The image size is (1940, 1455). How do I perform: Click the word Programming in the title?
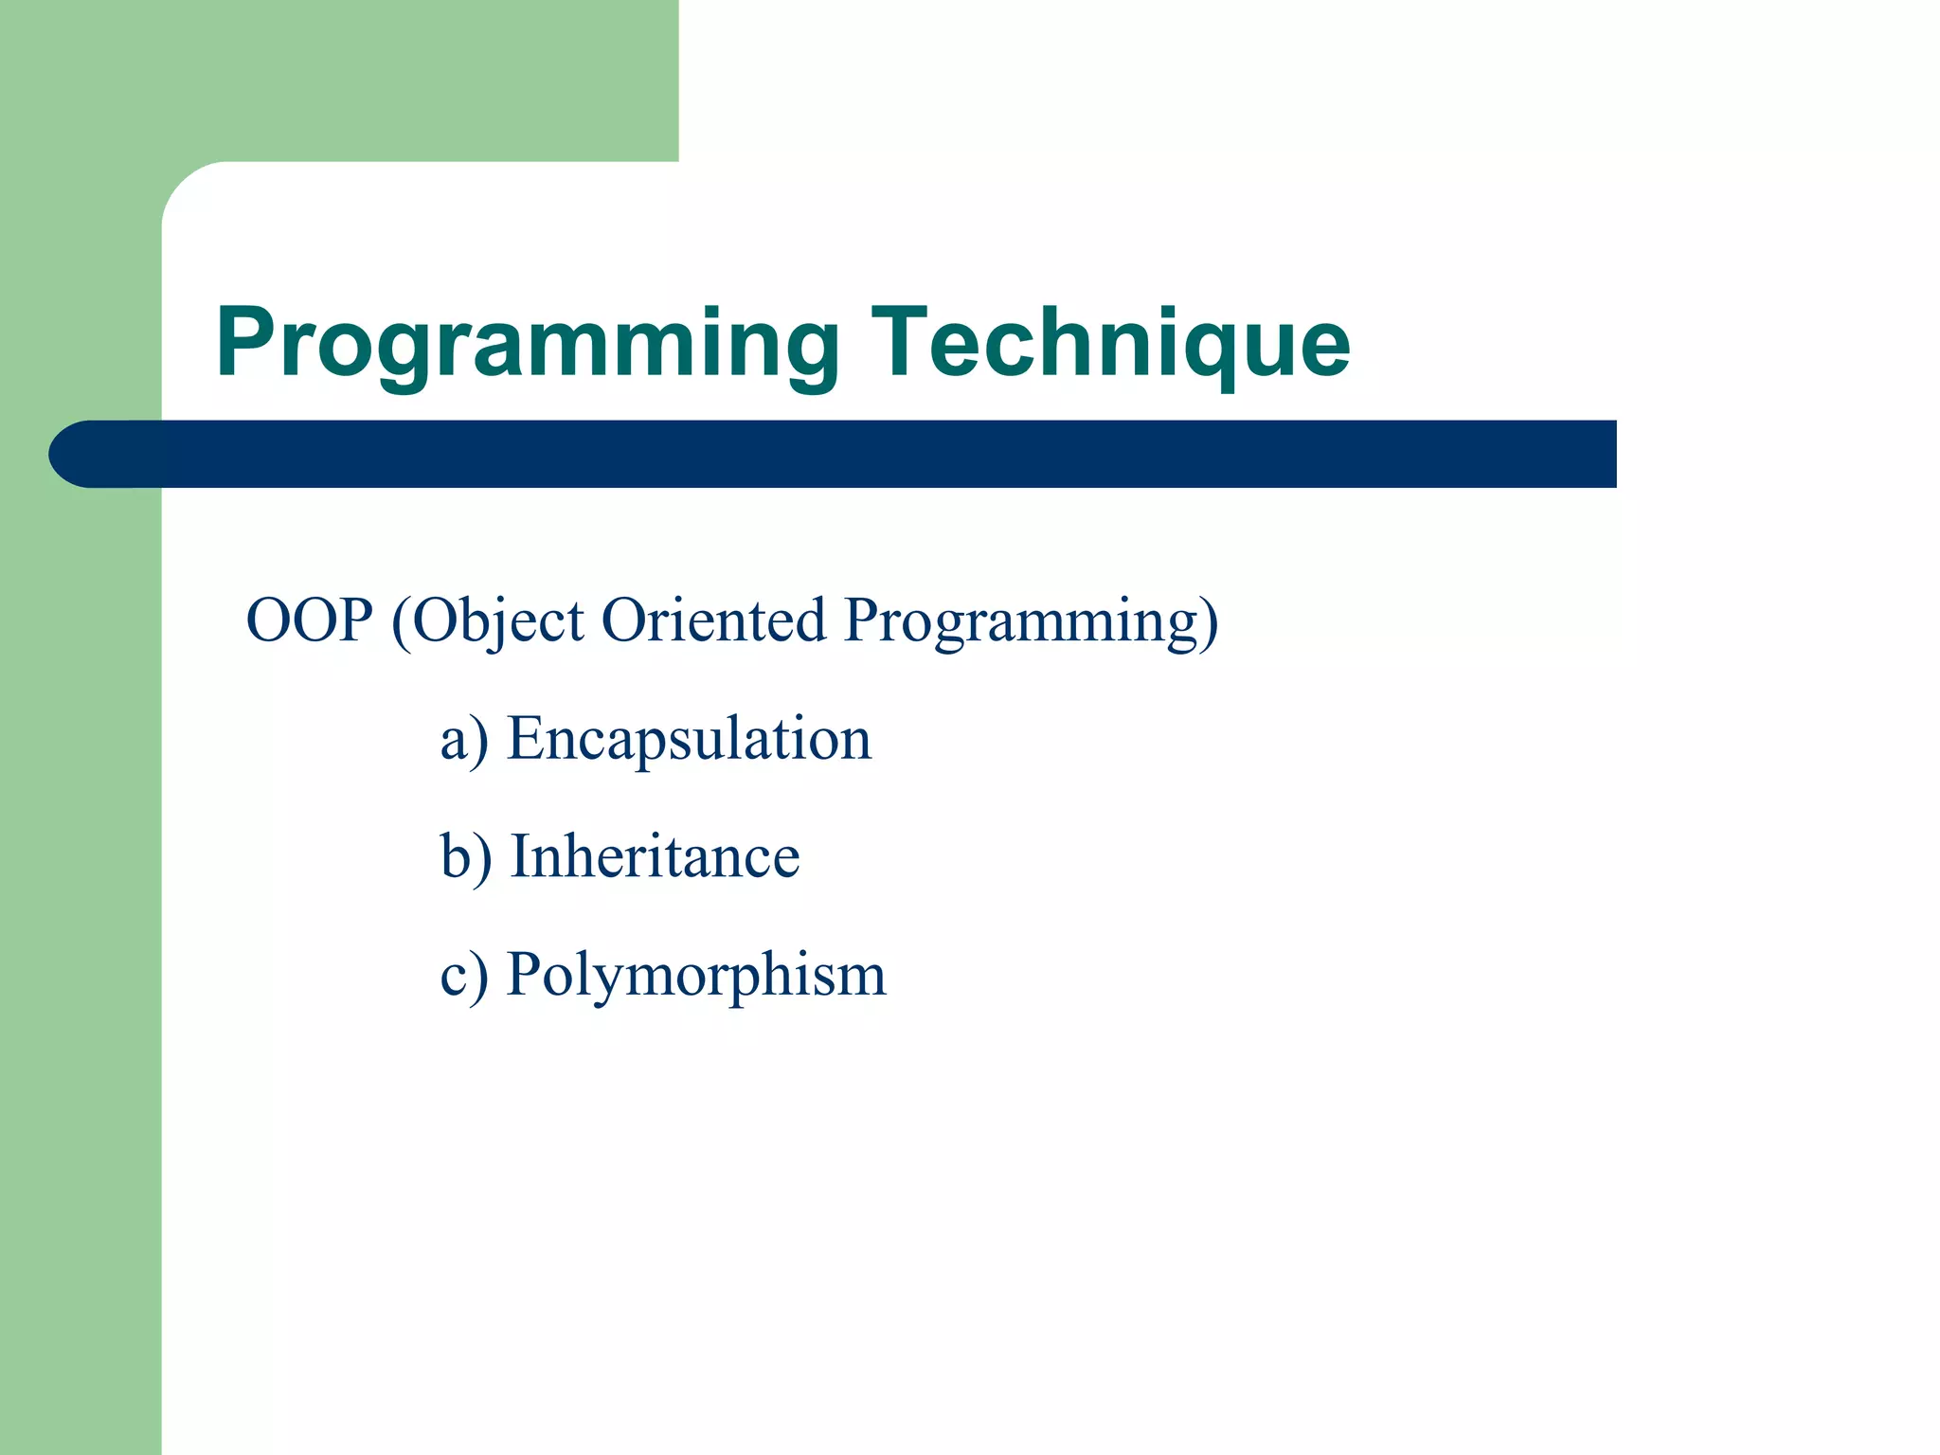(x=527, y=343)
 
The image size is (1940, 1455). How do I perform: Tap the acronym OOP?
(x=309, y=620)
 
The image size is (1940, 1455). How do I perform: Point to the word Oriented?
(x=713, y=620)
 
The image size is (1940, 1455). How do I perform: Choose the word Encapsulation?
(x=689, y=739)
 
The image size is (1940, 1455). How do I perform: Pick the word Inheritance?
(x=655, y=856)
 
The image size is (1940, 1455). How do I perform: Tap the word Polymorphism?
(x=696, y=976)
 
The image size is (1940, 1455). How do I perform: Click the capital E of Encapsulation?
(x=526, y=738)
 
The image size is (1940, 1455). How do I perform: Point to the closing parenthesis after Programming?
(x=1208, y=623)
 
